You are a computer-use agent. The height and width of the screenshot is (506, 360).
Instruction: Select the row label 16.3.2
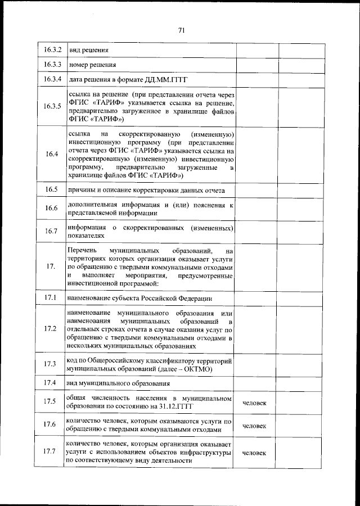(x=52, y=50)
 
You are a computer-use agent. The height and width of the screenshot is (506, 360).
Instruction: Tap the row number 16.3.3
(x=52, y=65)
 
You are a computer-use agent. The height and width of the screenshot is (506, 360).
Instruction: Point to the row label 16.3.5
(x=52, y=106)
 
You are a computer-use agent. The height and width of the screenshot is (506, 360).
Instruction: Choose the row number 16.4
(x=52, y=155)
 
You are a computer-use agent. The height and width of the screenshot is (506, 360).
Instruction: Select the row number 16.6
(x=52, y=209)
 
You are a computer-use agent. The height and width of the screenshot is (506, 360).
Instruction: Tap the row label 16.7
(x=52, y=231)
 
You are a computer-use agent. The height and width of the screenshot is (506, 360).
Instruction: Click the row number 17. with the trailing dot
(x=52, y=266)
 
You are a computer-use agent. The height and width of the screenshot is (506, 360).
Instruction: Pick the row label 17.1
(x=52, y=297)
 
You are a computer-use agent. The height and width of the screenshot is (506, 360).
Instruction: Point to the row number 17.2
(x=52, y=328)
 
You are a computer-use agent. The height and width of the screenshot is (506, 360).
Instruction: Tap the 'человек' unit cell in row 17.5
(x=254, y=403)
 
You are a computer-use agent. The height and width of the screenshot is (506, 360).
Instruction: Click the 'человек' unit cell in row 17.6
(x=254, y=426)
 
